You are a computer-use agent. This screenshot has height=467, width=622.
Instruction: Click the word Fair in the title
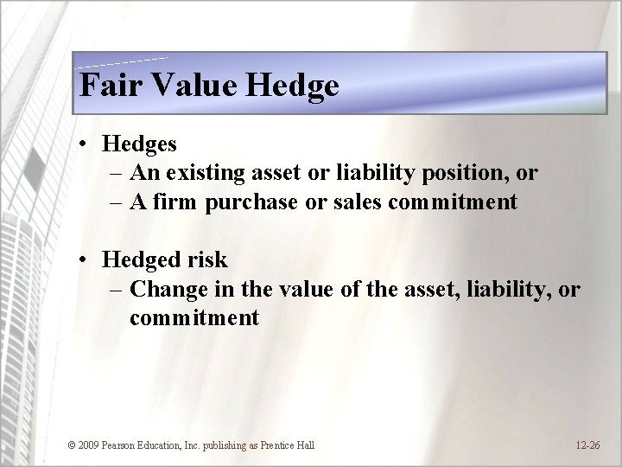[103, 86]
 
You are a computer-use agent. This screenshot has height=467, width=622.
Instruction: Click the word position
[467, 174]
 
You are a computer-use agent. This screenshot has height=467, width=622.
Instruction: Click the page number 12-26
[587, 445]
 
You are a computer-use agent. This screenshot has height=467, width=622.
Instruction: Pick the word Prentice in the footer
[273, 445]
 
